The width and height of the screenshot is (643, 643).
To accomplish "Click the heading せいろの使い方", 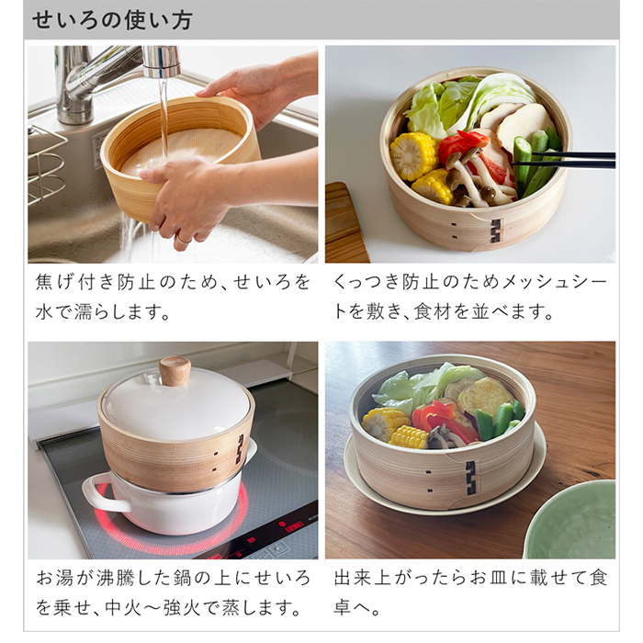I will [113, 20].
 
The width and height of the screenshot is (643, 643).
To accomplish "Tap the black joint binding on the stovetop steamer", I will [242, 450].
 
